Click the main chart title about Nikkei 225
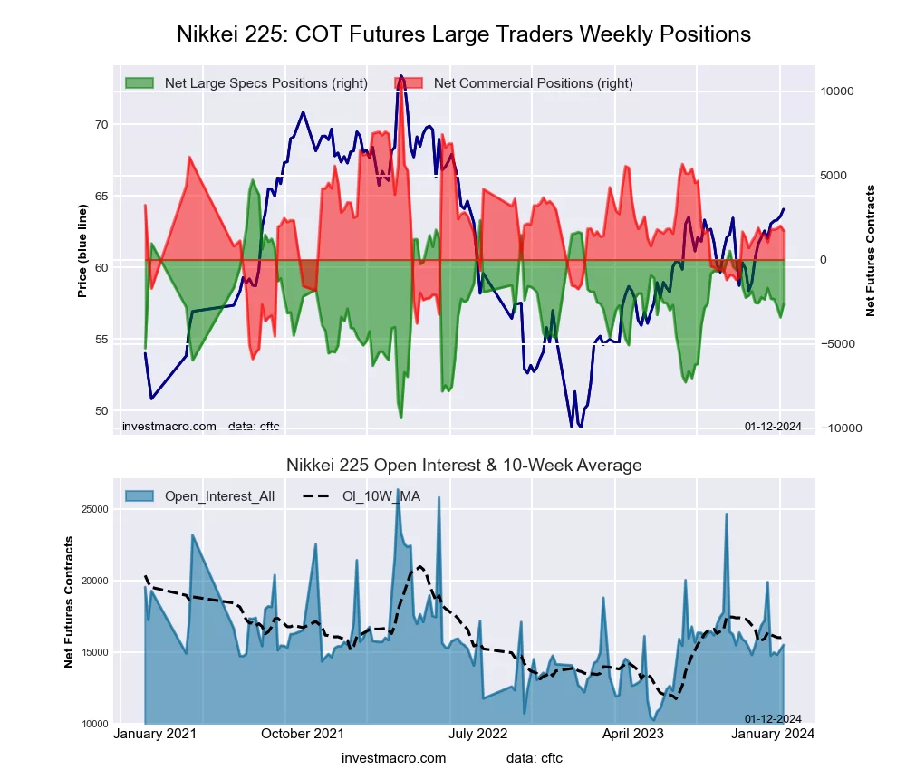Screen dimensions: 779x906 click(463, 34)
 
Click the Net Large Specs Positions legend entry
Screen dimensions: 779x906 click(265, 83)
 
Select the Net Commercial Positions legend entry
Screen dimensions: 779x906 click(533, 83)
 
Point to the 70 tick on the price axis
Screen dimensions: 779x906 click(101, 125)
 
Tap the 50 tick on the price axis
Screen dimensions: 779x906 click(101, 411)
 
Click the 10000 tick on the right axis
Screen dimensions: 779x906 click(837, 91)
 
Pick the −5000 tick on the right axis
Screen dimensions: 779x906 click(837, 344)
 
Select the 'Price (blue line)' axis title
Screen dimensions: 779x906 click(82, 251)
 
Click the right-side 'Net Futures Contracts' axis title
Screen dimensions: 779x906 click(872, 251)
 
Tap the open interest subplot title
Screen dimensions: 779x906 click(463, 466)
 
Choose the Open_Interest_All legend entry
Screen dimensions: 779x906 click(219, 496)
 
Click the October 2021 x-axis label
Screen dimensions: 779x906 click(303, 734)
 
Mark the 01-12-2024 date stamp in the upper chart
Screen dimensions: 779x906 click(773, 427)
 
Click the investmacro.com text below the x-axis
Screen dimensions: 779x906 click(394, 758)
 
